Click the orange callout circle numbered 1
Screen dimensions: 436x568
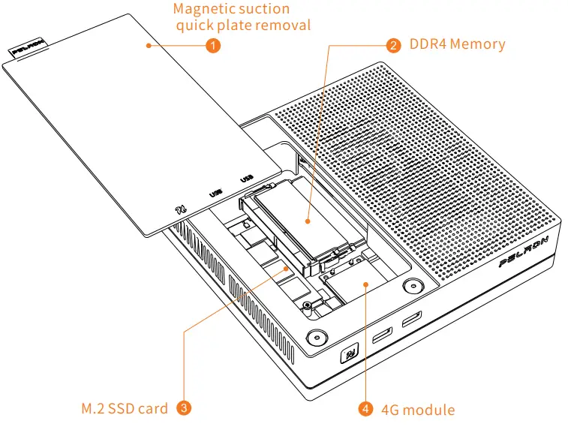pos(213,45)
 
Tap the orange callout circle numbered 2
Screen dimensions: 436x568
pos(392,44)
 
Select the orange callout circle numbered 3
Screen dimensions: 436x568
pos(184,408)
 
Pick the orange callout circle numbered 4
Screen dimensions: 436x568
pos(365,409)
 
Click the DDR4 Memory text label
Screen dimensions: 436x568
pos(457,44)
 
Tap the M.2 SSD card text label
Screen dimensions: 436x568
pos(125,409)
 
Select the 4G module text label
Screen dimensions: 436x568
pos(418,410)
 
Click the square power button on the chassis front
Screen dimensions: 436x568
pos(350,353)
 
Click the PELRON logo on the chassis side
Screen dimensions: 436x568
pos(524,252)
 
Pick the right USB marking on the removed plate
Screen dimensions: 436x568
pos(245,178)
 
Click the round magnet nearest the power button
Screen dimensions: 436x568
pos(316,336)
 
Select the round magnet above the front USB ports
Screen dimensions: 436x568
pos(413,287)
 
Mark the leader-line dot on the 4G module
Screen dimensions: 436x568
pos(365,284)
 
